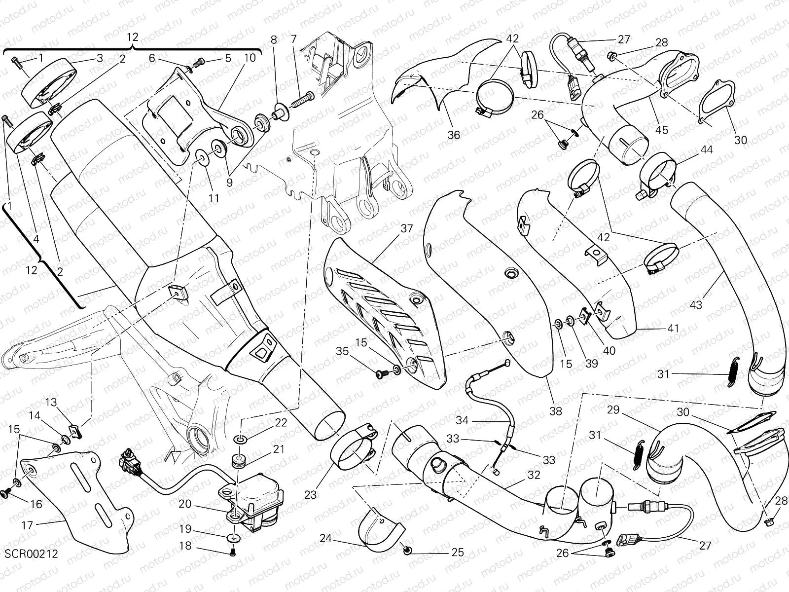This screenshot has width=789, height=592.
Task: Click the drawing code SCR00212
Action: [x=32, y=554]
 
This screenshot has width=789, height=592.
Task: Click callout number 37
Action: [x=406, y=228]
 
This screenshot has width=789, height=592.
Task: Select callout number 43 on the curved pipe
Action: [x=696, y=305]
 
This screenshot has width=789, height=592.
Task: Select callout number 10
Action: [x=250, y=58]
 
